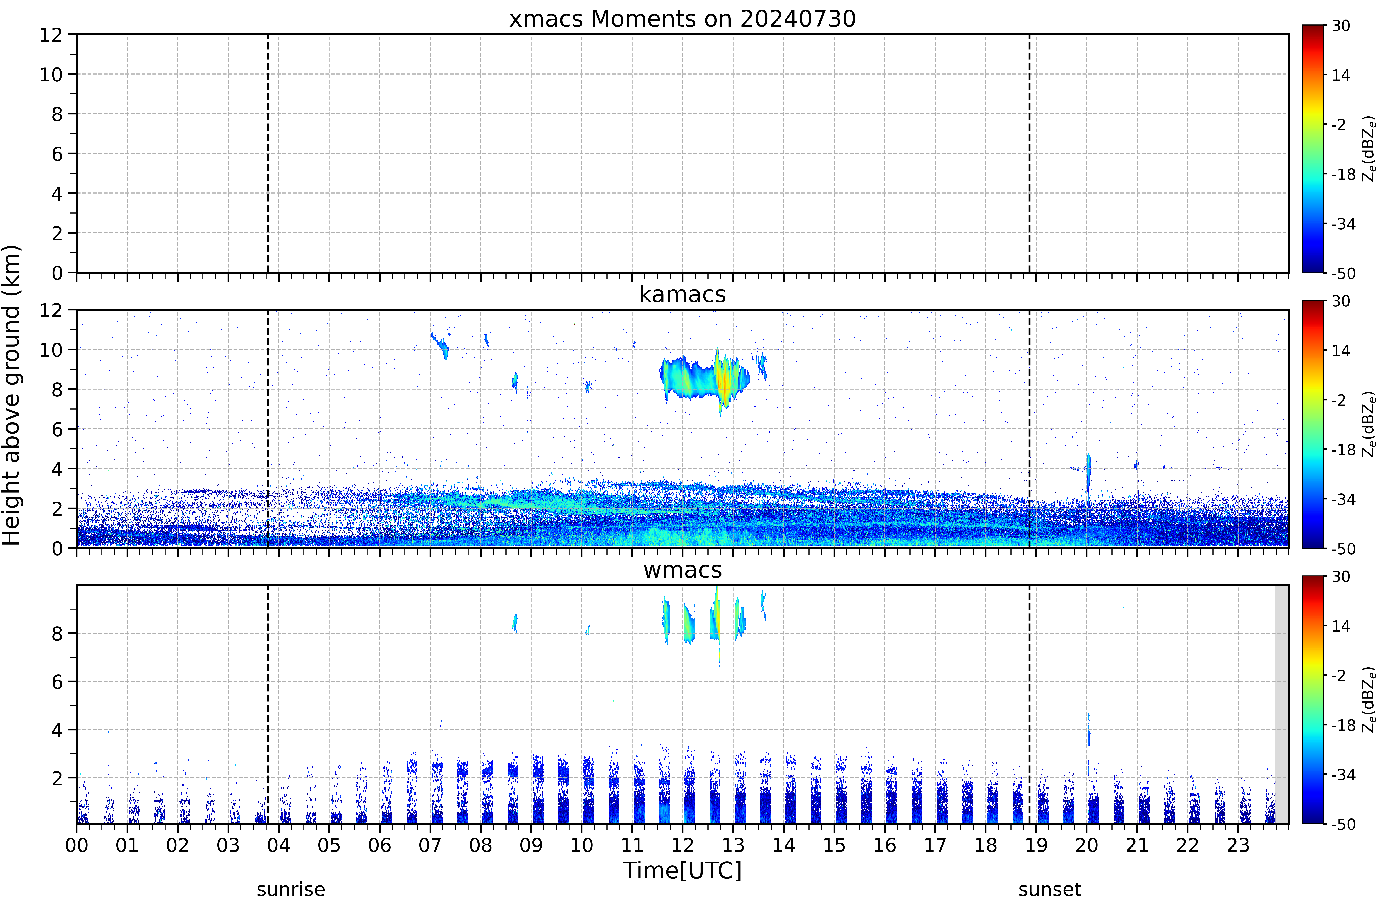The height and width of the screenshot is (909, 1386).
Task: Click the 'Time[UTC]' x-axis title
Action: click(682, 871)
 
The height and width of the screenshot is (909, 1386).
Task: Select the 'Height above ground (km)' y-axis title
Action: click(12, 395)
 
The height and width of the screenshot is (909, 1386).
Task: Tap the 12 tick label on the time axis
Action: click(682, 845)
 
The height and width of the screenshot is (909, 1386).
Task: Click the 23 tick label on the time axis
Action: click(1238, 845)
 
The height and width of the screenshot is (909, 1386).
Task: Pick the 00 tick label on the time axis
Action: click(77, 845)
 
